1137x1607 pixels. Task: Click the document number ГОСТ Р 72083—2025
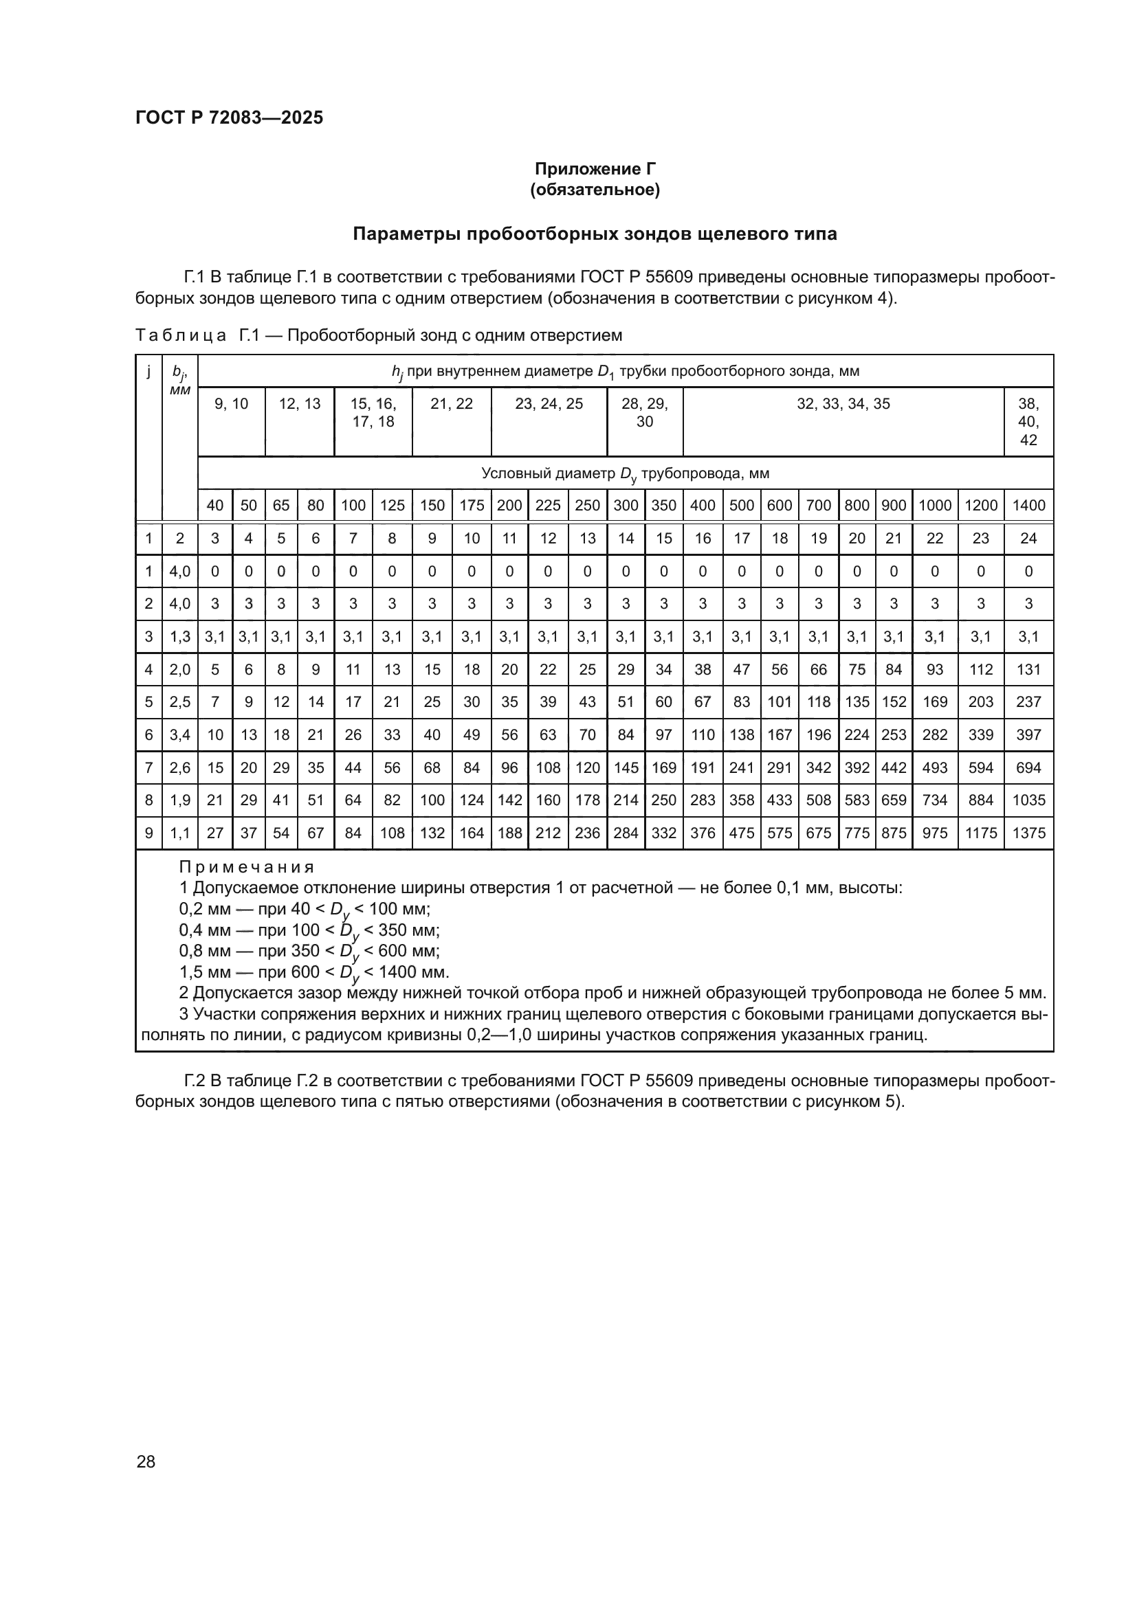click(x=229, y=117)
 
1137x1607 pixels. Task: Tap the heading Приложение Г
click(x=595, y=169)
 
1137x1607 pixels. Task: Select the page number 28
click(x=146, y=1461)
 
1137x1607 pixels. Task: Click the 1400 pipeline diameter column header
click(x=1028, y=506)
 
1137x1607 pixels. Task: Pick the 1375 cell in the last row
click(x=1028, y=833)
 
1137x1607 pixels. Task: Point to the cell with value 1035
click(x=1028, y=800)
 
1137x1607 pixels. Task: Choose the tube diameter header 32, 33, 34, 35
click(x=843, y=404)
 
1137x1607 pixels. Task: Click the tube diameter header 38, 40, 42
click(x=1028, y=422)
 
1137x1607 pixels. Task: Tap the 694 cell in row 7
click(x=1028, y=768)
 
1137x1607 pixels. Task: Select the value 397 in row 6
click(x=1028, y=735)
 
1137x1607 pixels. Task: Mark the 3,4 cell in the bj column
click(x=180, y=735)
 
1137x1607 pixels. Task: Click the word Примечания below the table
click(x=247, y=868)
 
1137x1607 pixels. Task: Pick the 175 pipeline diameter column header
click(x=471, y=506)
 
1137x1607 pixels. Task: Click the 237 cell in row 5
click(x=1028, y=702)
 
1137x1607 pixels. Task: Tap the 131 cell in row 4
click(x=1028, y=670)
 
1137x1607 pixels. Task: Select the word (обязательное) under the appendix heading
click(x=595, y=190)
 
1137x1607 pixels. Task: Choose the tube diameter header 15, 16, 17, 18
click(x=373, y=413)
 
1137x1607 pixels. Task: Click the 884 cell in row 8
click(x=980, y=800)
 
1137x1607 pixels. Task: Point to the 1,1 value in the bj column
click(x=180, y=833)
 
